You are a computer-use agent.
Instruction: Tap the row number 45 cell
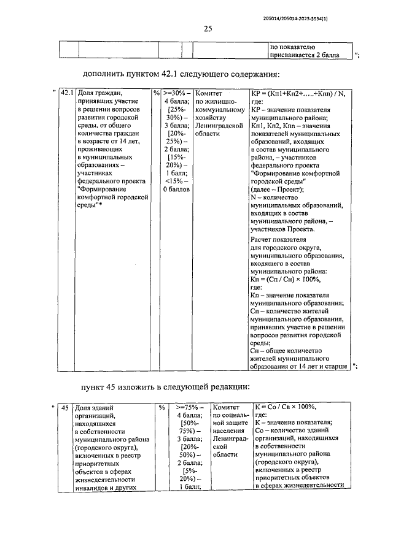point(63,407)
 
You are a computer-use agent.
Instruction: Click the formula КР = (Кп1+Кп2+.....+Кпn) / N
point(298,94)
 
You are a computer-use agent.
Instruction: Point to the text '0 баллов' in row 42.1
point(176,189)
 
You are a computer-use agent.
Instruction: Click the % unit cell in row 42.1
point(156,94)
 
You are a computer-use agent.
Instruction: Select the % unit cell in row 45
point(161,407)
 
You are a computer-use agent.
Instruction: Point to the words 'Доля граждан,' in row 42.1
point(98,94)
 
